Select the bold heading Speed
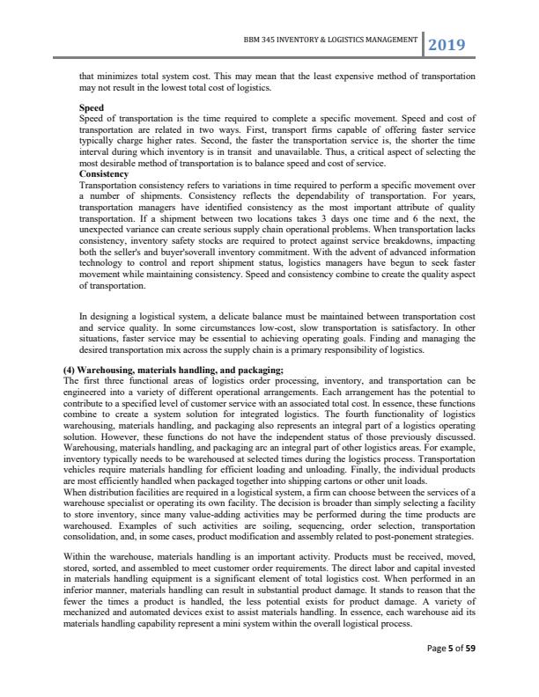click(92, 108)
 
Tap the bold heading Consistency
click(104, 174)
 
